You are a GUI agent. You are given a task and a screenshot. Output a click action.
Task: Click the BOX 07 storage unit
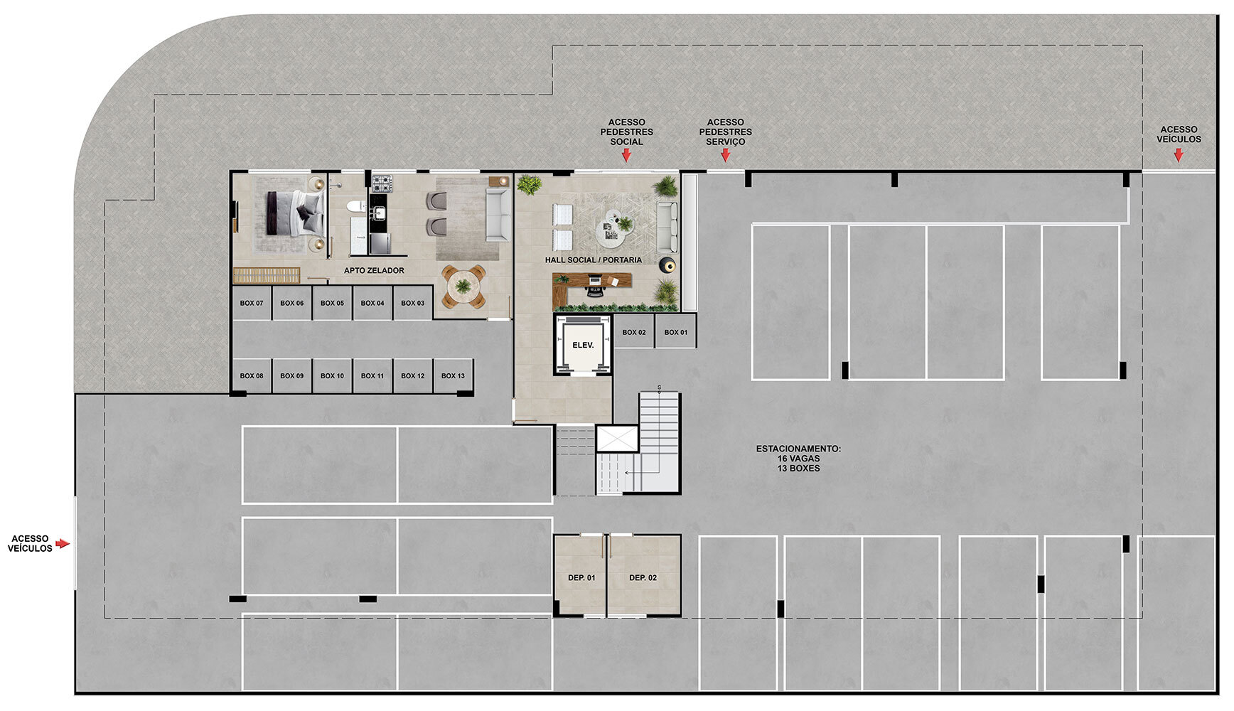pyautogui.click(x=252, y=303)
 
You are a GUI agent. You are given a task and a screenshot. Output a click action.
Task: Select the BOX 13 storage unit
pyautogui.click(x=454, y=376)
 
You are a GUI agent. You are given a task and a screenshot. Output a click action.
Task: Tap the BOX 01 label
pyautogui.click(x=676, y=332)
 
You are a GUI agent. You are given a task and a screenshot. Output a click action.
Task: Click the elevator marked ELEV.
pyautogui.click(x=583, y=345)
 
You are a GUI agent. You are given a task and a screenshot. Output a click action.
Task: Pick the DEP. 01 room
pyautogui.click(x=580, y=575)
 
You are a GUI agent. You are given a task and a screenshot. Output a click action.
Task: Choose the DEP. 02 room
pyautogui.click(x=643, y=575)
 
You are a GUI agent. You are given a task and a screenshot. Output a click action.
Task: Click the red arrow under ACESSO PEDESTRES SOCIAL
pyautogui.click(x=626, y=156)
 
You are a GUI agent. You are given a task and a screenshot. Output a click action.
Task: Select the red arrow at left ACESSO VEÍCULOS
pyautogui.click(x=63, y=544)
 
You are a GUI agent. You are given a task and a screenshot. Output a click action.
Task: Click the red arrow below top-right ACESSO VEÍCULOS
pyautogui.click(x=1178, y=154)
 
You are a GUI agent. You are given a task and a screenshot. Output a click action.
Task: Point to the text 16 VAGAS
pyautogui.click(x=798, y=459)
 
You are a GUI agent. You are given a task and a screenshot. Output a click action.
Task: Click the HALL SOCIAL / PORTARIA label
pyautogui.click(x=594, y=260)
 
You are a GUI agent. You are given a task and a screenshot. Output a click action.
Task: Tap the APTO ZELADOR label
pyautogui.click(x=374, y=271)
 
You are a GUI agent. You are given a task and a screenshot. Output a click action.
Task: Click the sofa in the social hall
pyautogui.click(x=667, y=227)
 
